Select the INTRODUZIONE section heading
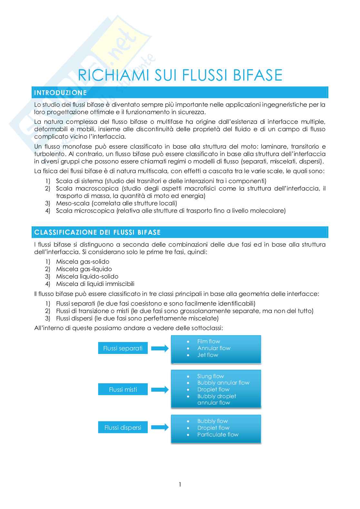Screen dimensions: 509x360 (x=60, y=93)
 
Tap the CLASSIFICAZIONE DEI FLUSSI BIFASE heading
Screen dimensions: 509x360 (x=97, y=232)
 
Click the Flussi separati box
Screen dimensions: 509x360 (x=123, y=348)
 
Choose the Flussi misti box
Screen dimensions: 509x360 (x=123, y=389)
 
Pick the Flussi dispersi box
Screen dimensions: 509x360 (x=123, y=427)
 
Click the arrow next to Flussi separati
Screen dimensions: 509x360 (x=160, y=348)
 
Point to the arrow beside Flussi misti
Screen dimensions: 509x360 (x=160, y=389)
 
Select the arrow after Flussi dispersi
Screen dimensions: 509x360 (x=160, y=427)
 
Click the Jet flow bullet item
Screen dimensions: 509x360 (x=208, y=355)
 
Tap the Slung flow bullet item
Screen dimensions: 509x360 (x=210, y=376)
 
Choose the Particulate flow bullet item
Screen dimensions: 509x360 (x=218, y=435)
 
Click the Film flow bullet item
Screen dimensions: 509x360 (x=208, y=341)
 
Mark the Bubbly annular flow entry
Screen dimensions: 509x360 (x=223, y=383)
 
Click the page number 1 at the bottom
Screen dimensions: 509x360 (x=180, y=485)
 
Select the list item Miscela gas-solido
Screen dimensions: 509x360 (x=83, y=262)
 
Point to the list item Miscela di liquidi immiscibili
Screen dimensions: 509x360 (x=95, y=284)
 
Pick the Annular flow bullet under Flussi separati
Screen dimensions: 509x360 (x=214, y=348)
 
